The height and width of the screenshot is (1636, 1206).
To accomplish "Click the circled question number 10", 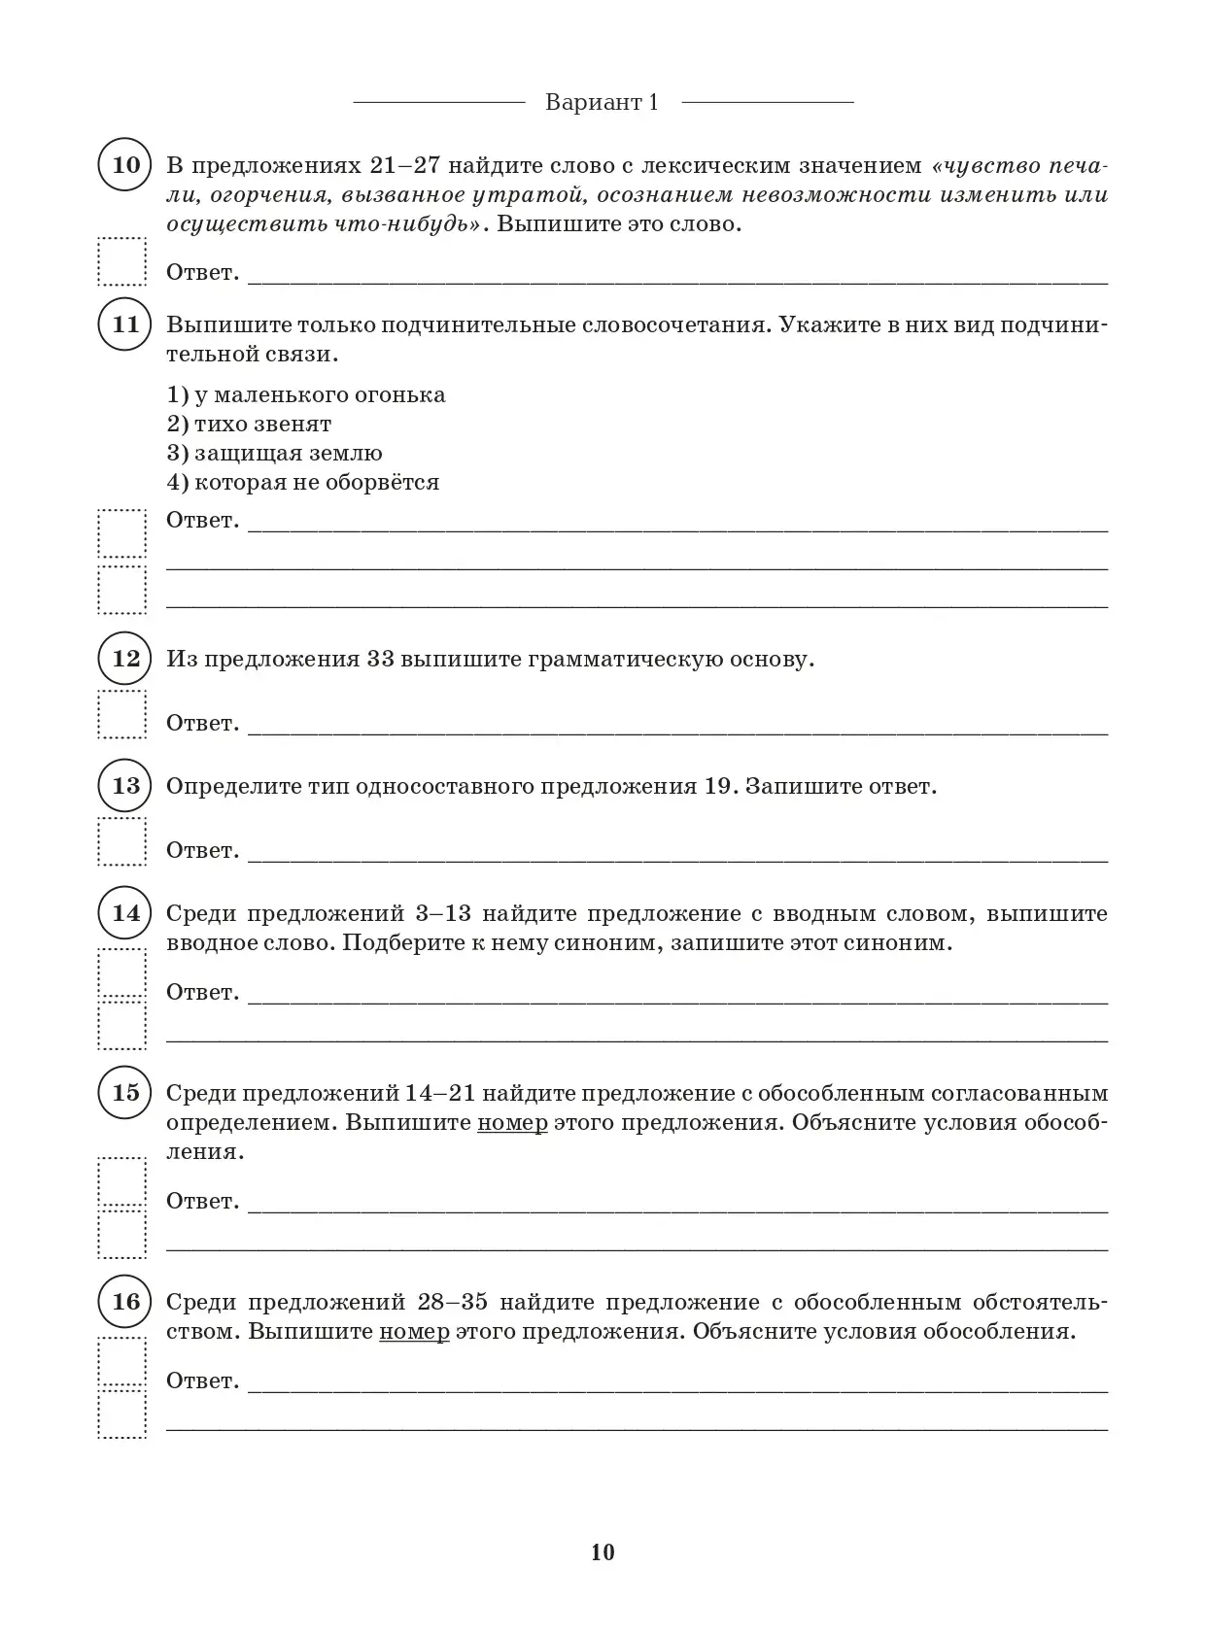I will [125, 164].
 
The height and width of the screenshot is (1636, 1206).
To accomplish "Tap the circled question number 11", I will [125, 324].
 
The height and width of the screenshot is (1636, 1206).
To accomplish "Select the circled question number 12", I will [125, 659].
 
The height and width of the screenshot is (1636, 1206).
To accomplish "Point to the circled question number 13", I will [125, 786].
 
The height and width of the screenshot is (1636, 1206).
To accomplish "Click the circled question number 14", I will [125, 913].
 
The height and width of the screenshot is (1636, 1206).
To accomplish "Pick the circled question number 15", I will [125, 1093].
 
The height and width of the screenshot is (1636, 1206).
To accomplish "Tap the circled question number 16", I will [125, 1302].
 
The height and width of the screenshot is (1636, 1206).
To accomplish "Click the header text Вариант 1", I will [602, 102].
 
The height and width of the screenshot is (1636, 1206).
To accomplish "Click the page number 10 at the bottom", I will [603, 1551].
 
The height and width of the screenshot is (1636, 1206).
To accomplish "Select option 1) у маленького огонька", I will [306, 394].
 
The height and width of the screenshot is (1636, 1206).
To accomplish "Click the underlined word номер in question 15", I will [512, 1123].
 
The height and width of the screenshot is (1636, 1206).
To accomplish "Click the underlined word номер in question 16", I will [414, 1332].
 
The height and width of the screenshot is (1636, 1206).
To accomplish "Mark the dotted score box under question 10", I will [121, 260].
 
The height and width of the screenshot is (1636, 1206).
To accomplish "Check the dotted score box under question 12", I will [121, 714].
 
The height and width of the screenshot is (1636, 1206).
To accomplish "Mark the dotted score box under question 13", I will [121, 841].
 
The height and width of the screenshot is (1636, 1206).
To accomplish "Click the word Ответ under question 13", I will [202, 851].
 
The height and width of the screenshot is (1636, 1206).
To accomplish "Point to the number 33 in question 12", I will [380, 660].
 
